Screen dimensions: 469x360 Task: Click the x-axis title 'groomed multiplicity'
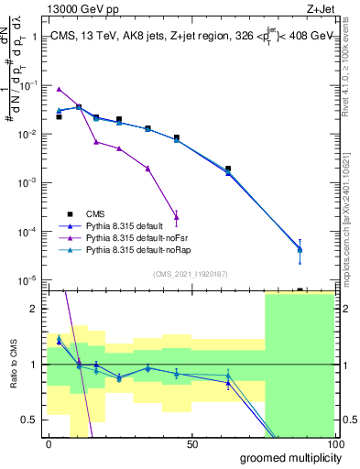[287, 457]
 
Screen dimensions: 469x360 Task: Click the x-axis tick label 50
[192, 444]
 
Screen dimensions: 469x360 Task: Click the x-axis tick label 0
[49, 444]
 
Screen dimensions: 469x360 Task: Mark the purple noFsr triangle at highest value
[59, 89]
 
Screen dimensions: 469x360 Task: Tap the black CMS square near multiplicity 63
[228, 169]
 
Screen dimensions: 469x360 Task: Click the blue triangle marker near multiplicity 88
[300, 249]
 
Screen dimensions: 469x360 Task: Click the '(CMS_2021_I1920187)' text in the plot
[191, 272]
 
